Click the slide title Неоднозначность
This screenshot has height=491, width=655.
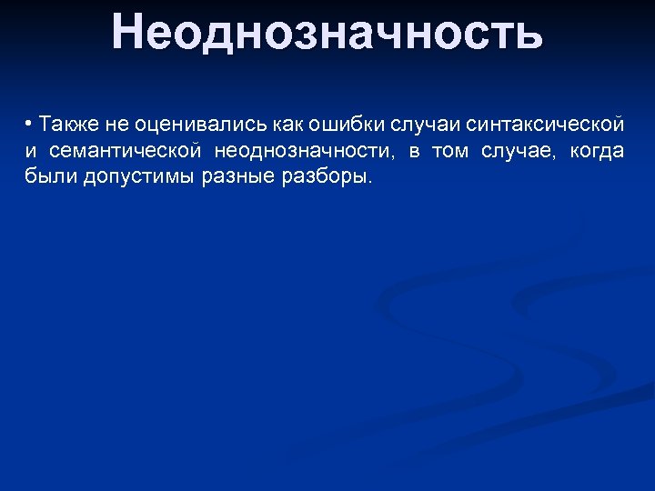327,33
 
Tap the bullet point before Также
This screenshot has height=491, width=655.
30,123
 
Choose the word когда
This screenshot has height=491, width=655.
597,150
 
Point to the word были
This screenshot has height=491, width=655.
51,176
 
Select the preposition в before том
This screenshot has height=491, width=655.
413,150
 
